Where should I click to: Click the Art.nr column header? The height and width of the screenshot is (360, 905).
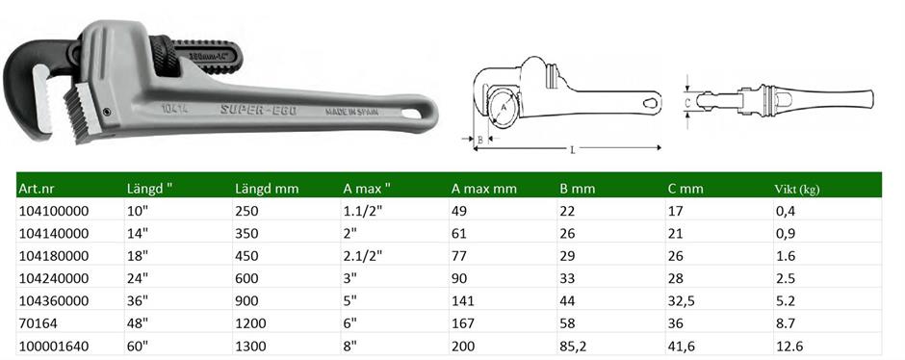pyautogui.click(x=37, y=189)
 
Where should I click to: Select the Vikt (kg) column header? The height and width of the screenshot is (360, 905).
pyautogui.click(x=796, y=189)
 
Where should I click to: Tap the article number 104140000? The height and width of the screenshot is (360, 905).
pyautogui.click(x=54, y=234)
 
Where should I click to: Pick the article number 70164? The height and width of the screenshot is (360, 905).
pyautogui.click(x=39, y=323)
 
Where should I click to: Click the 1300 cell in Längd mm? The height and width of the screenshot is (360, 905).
pyautogui.click(x=251, y=347)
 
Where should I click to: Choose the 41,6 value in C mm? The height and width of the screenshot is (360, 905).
pyautogui.click(x=682, y=347)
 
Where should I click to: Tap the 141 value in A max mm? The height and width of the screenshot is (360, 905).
pyautogui.click(x=462, y=301)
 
